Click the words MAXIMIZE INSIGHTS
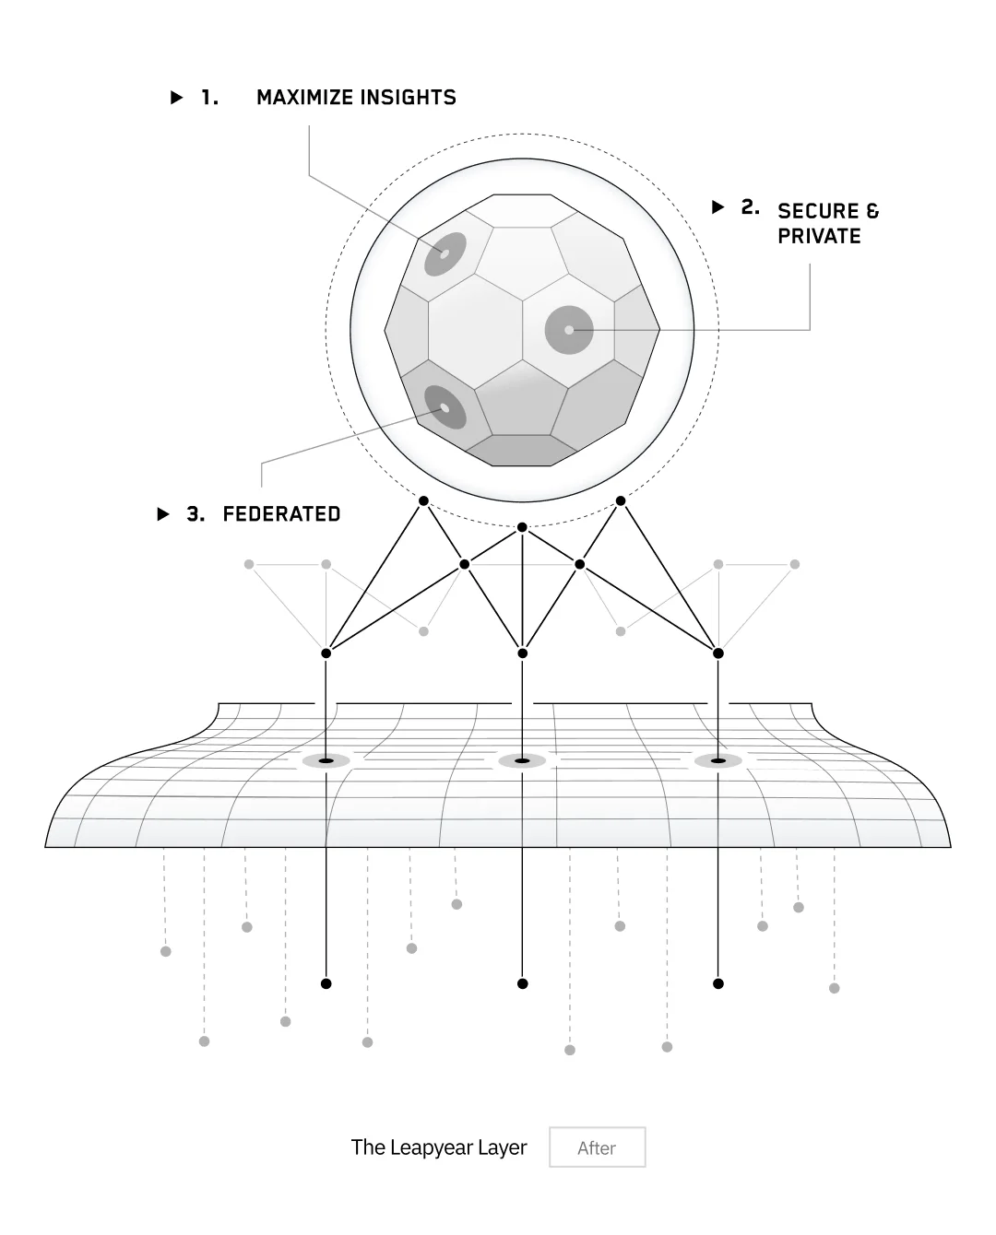point(356,98)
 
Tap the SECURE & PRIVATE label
point(827,224)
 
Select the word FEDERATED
point(281,514)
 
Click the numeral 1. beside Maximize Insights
point(210,98)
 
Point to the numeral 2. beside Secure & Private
point(751,207)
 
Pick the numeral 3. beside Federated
point(196,514)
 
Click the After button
point(597,1147)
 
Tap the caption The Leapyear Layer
point(439,1147)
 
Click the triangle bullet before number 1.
point(177,98)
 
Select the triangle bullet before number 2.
point(718,207)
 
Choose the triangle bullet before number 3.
point(163,514)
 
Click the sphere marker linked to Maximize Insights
point(445,253)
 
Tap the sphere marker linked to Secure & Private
point(569,330)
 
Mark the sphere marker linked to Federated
point(445,407)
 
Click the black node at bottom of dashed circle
point(522,527)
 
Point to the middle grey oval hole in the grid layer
point(522,760)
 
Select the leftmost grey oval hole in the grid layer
point(326,760)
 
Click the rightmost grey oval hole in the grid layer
point(717,760)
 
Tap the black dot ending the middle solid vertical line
point(523,983)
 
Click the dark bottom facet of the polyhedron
point(521,450)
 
